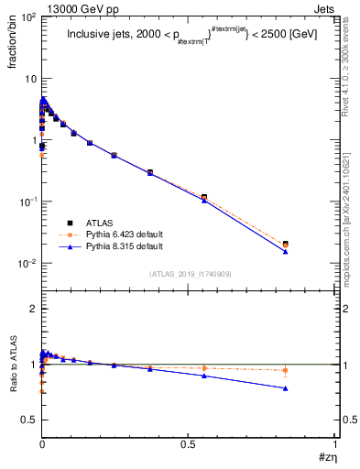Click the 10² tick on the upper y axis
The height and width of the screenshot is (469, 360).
click(x=28, y=17)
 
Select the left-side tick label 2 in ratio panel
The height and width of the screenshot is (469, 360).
click(x=32, y=310)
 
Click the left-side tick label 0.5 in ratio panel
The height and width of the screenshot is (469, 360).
click(x=29, y=420)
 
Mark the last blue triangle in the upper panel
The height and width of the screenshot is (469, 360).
click(x=286, y=251)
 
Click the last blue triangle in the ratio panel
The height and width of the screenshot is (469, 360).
click(x=286, y=388)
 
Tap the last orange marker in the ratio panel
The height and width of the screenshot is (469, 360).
click(x=286, y=371)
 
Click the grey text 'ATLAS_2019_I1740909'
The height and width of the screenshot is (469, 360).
click(x=189, y=274)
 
